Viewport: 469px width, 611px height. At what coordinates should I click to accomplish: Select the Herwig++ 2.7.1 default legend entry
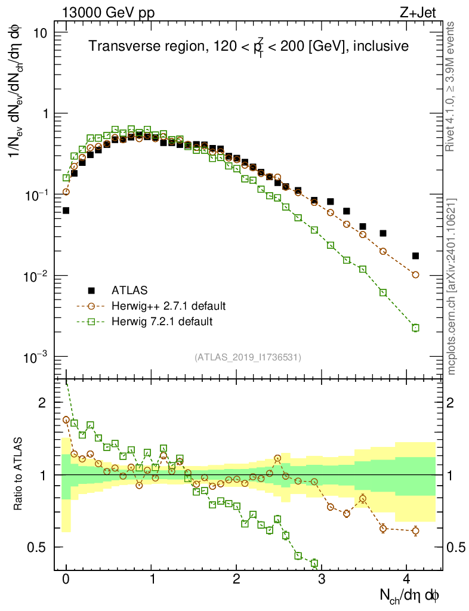click(x=168, y=306)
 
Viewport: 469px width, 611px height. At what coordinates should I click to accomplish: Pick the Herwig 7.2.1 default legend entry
click(x=162, y=322)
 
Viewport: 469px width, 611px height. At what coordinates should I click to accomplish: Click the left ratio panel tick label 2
click(x=42, y=403)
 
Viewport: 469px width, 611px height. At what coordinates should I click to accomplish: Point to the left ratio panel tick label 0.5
click(x=38, y=547)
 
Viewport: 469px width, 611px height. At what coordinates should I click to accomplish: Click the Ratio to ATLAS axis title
click(x=19, y=475)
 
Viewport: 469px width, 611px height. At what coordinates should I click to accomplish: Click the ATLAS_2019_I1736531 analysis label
click(x=248, y=357)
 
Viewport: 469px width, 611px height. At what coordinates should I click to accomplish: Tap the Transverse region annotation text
click(x=248, y=47)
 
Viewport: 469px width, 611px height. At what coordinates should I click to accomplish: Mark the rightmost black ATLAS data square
click(x=415, y=256)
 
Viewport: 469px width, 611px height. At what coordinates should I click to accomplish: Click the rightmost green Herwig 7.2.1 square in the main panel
click(x=415, y=328)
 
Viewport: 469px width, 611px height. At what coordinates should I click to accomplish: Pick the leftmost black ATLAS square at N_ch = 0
click(x=66, y=211)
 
